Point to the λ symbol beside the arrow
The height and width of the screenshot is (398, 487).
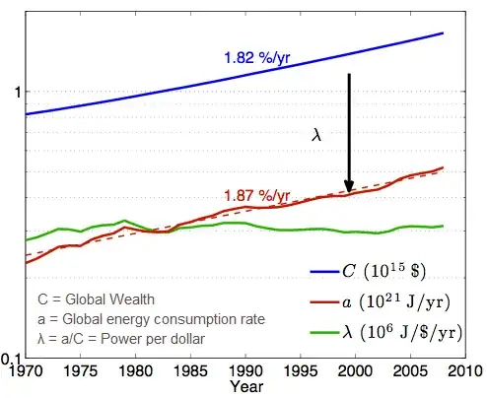(316, 137)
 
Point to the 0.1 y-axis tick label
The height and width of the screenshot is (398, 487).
(12, 358)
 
